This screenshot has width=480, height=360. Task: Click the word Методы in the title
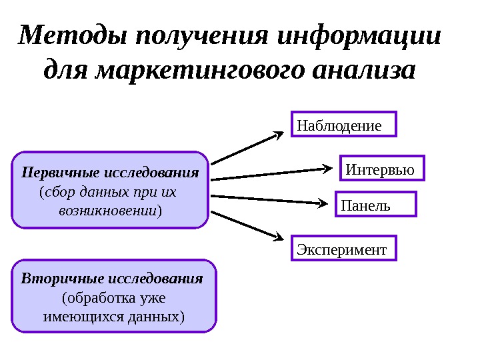point(73,36)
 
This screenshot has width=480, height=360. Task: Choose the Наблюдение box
point(344,125)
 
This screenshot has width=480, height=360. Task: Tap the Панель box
point(375,205)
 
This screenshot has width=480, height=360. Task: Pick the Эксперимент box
point(344,249)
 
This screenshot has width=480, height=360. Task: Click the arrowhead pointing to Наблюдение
point(279,135)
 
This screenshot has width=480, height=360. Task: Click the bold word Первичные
point(55,173)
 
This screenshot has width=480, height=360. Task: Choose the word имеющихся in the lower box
point(75,315)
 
